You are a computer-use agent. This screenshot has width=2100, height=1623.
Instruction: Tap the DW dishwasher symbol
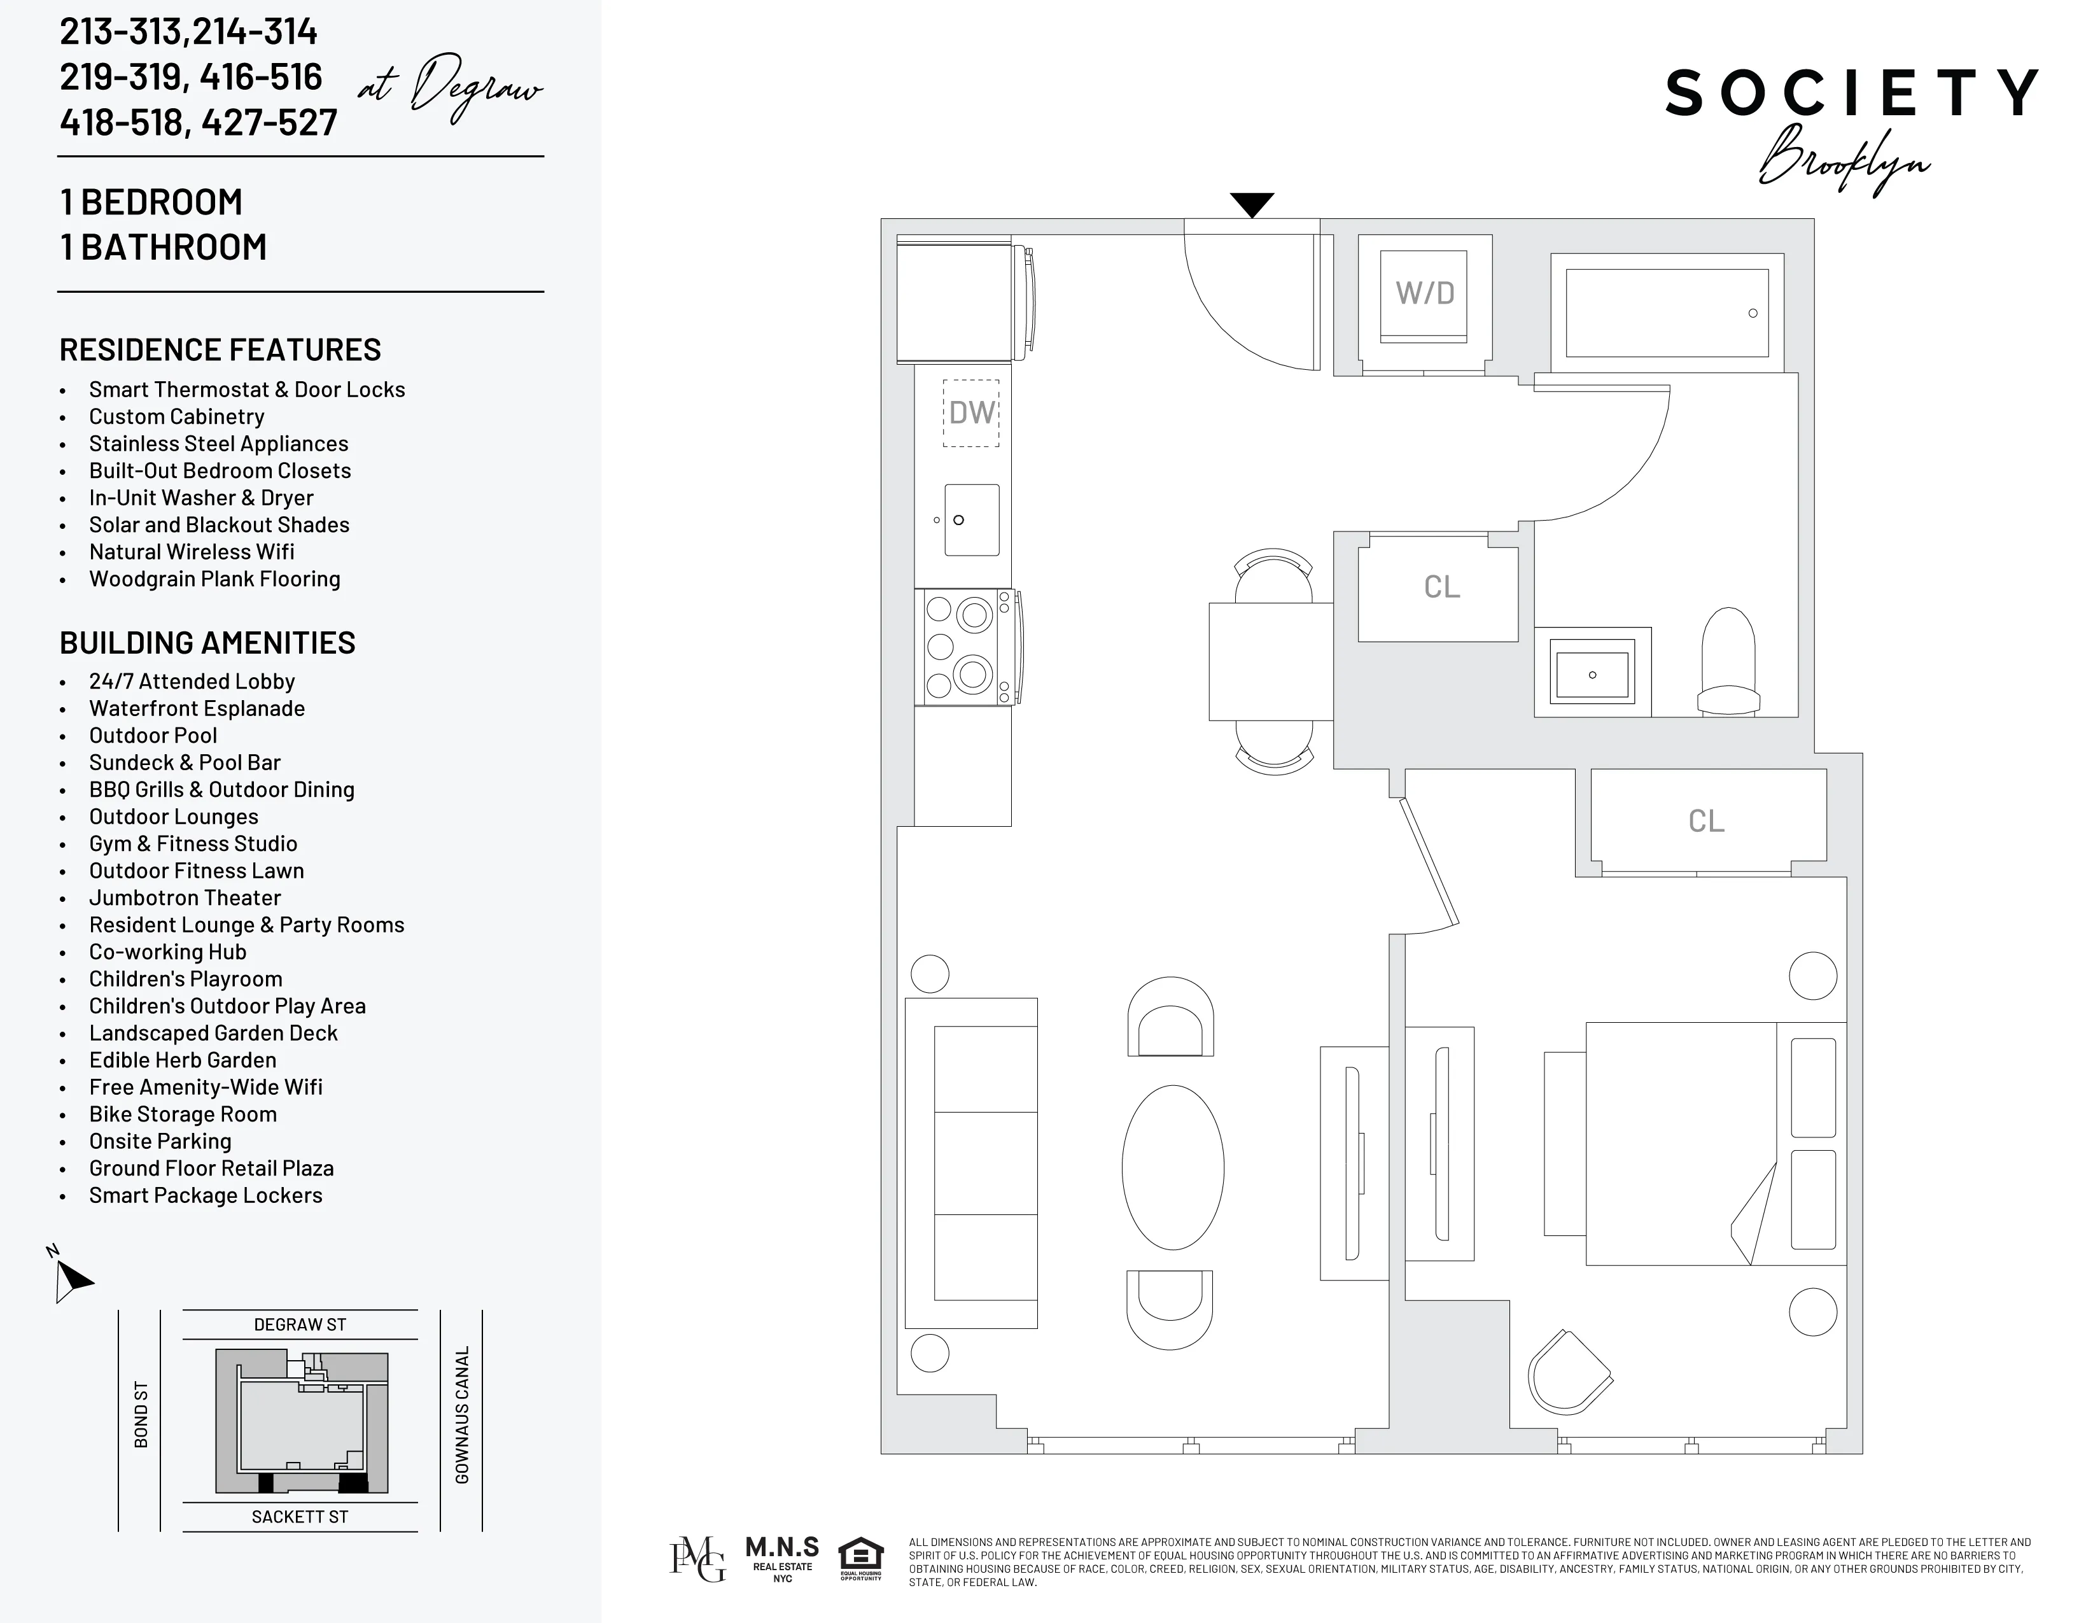click(x=971, y=412)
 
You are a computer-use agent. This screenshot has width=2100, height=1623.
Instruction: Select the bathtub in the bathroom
click(x=1667, y=313)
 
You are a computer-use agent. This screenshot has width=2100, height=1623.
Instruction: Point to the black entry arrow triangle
click(x=1252, y=204)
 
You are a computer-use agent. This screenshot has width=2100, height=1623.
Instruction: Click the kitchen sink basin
click(x=971, y=520)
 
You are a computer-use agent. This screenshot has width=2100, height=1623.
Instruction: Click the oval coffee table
click(x=1173, y=1167)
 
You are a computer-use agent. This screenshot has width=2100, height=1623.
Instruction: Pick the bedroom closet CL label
click(x=1707, y=820)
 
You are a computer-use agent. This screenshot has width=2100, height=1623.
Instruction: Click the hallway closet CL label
click(x=1441, y=587)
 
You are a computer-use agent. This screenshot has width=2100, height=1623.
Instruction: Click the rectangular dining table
click(x=1270, y=661)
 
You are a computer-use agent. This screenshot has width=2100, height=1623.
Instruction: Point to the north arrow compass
click(x=69, y=1277)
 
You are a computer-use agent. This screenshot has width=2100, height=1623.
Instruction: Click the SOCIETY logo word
click(x=1851, y=94)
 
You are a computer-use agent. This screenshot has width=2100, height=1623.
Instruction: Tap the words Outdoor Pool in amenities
click(x=153, y=736)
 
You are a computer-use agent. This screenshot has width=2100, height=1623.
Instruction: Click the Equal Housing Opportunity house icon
click(x=860, y=1559)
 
